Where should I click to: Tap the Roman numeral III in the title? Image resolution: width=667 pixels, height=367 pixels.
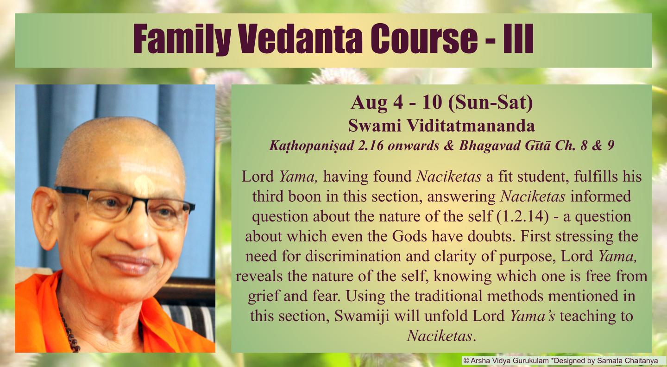[x=518, y=39]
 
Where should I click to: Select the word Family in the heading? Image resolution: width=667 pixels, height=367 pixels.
[x=182, y=39]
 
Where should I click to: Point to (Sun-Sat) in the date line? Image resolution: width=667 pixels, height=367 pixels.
[x=491, y=103]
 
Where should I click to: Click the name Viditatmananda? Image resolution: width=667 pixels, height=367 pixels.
[x=471, y=126]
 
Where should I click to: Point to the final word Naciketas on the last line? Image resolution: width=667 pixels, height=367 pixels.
[x=440, y=335]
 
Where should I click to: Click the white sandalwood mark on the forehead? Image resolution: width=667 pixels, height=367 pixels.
[x=144, y=182]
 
